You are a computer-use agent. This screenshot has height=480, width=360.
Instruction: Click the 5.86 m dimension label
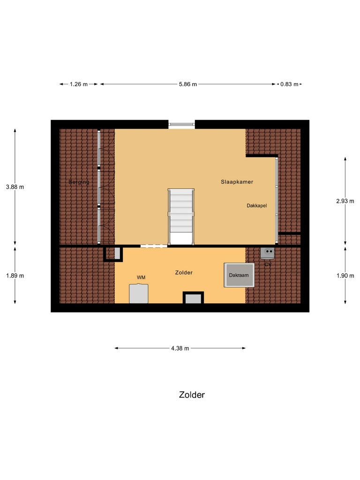pos(187,84)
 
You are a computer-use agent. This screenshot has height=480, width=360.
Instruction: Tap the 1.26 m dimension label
pos(79,84)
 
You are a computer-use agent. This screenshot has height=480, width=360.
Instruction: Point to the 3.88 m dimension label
pos(15,187)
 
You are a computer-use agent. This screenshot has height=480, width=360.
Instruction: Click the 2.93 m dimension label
pos(345,201)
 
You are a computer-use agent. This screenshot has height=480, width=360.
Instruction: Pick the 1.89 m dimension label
pos(15,276)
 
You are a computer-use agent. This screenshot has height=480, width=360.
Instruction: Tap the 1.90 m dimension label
pos(345,276)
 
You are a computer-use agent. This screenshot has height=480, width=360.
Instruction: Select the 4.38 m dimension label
pos(180,348)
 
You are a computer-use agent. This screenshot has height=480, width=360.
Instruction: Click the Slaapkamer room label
pos(237,181)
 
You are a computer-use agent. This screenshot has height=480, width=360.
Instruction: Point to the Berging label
pos(79,182)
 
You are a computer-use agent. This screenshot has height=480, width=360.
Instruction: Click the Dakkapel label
pos(257,205)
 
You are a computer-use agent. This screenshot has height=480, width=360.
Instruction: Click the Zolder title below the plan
pos(192,395)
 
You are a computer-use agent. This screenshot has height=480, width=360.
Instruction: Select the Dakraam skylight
pos(239,275)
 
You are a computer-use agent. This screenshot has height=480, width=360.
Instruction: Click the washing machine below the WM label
pos(139,293)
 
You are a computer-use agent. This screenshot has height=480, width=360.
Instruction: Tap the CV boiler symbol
pos(268,253)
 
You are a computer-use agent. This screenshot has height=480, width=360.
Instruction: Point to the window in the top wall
pos(181,124)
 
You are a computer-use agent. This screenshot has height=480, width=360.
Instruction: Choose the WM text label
pos(141,277)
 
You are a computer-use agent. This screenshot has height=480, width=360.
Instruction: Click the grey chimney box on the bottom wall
pos(193,298)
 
